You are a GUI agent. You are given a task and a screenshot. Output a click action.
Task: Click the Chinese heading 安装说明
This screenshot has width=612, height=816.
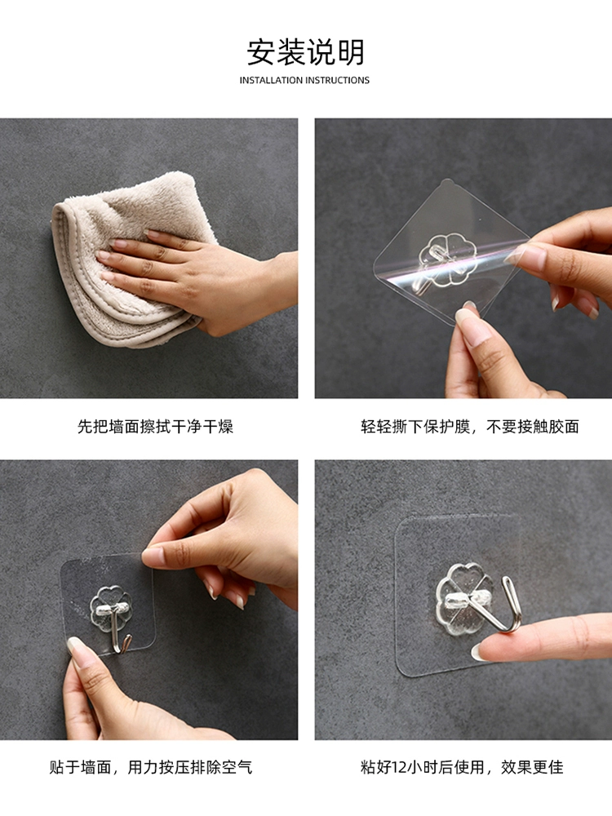point(305,52)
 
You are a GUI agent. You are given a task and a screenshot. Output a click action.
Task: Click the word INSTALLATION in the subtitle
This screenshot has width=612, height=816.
point(271,80)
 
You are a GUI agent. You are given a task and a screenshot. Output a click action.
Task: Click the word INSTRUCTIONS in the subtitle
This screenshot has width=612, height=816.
point(338,80)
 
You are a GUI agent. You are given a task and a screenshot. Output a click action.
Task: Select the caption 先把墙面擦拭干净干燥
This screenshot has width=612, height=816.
point(156,427)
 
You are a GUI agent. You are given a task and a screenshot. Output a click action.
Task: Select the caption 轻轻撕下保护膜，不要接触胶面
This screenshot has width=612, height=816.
point(470,427)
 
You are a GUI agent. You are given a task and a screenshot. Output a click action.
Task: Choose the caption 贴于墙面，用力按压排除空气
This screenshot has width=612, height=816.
point(151,767)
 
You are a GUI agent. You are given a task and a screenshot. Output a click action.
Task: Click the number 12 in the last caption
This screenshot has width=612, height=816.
point(399,767)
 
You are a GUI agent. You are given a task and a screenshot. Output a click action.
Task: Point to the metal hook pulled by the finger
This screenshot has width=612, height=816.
point(494,606)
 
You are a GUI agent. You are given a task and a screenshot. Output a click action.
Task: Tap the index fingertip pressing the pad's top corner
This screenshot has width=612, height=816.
point(152,557)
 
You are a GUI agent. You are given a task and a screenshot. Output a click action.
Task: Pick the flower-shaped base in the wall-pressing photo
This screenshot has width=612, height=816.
point(110,607)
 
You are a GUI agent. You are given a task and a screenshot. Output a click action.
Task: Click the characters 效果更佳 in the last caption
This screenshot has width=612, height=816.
point(532,767)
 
